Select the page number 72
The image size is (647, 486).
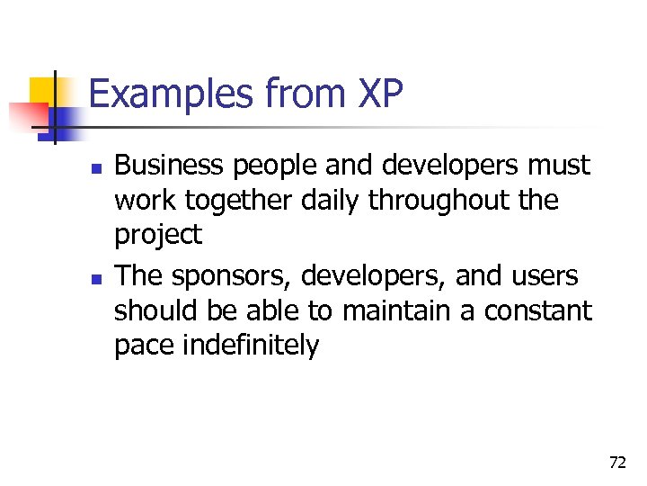[x=616, y=463]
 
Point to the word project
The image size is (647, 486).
[x=158, y=236]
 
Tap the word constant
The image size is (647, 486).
[x=538, y=310]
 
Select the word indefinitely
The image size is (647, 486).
[x=252, y=346]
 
